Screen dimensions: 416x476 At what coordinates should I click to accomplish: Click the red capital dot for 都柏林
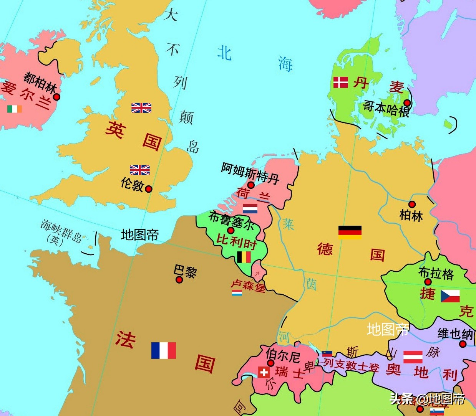[56, 97]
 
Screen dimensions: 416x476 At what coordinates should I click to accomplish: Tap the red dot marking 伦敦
[149, 189]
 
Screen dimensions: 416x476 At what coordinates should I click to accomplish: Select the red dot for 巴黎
[179, 280]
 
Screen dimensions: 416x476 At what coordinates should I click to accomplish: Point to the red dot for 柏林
[412, 204]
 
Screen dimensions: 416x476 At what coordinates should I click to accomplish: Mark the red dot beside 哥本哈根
[407, 103]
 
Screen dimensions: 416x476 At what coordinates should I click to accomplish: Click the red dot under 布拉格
[428, 282]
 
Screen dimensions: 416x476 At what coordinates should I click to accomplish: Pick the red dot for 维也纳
[463, 344]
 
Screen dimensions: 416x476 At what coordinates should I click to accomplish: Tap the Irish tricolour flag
[15, 109]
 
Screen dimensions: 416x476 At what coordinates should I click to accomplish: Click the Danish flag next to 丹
[340, 82]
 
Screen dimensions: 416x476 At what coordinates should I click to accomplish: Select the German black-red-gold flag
[350, 232]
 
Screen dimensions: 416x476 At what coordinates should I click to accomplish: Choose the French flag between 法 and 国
[164, 350]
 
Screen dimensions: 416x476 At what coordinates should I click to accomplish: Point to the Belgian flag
[244, 257]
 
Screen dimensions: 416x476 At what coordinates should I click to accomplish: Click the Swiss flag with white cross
[264, 372]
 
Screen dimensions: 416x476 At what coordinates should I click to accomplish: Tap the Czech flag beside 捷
[450, 296]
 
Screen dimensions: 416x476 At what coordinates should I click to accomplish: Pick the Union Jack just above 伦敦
[140, 170]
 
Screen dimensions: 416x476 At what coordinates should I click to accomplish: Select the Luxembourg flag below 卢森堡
[237, 293]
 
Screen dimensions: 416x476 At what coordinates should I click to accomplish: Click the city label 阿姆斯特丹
[250, 173]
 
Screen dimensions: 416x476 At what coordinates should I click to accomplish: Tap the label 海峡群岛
[61, 231]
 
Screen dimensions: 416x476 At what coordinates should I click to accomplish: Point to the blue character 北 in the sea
[224, 53]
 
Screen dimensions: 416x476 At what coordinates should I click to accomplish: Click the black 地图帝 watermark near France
[140, 234]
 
